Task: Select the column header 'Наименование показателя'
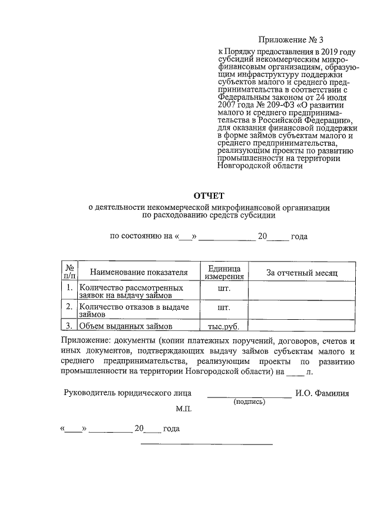tap(138, 273)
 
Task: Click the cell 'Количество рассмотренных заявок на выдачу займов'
tap(131, 292)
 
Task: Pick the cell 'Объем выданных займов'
tap(125, 327)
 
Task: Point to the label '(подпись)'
tap(249, 402)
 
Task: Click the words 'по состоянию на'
tap(141, 237)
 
